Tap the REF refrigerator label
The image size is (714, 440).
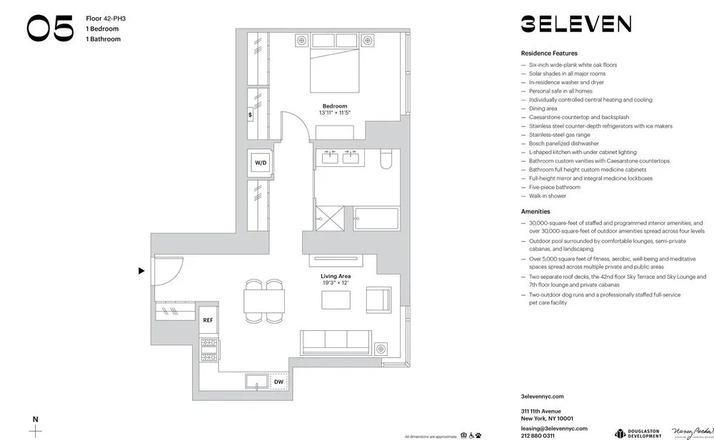[x=208, y=321]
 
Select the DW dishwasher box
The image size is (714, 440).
[x=278, y=382]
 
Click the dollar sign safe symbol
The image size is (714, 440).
[x=250, y=114]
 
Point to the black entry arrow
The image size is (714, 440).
[x=141, y=271]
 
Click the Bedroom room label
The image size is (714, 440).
[x=335, y=106]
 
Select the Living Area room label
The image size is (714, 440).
[x=335, y=276]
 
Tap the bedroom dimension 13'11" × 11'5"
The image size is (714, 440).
[x=335, y=113]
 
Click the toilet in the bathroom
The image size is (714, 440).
[x=386, y=158]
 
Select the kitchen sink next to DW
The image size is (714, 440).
[x=256, y=382]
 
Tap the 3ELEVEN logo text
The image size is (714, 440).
[x=575, y=24]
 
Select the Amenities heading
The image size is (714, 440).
[x=536, y=212]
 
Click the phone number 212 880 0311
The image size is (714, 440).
[x=538, y=436]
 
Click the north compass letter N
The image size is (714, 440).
[x=35, y=419]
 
